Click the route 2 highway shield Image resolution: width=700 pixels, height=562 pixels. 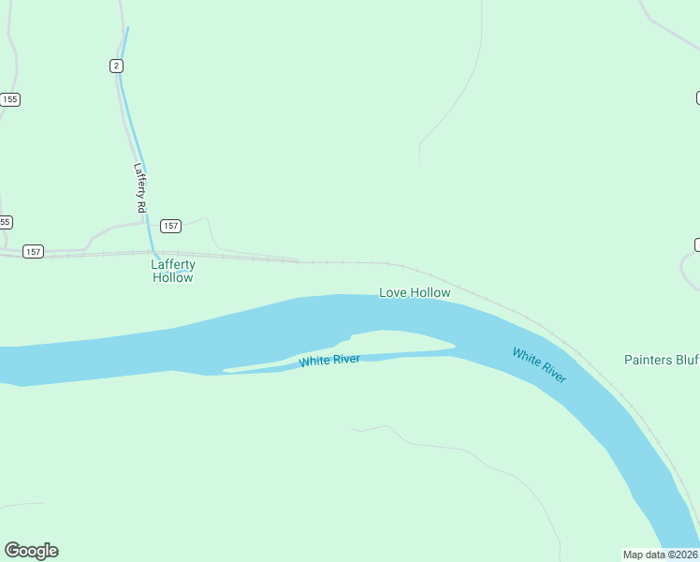click(x=116, y=65)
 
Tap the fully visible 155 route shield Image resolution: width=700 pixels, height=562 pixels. click(x=9, y=99)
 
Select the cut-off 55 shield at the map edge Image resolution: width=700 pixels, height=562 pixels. click(x=6, y=222)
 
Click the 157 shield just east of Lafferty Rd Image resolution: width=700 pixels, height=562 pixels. click(x=170, y=226)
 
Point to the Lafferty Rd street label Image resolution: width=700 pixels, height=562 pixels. click(x=141, y=187)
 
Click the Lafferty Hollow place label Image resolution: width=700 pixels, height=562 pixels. click(x=173, y=271)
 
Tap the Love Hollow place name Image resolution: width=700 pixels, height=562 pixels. click(x=415, y=292)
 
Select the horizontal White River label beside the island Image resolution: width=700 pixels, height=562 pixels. click(x=329, y=361)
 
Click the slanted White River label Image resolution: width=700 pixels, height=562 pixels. click(x=539, y=364)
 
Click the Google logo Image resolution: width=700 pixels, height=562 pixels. click(x=31, y=551)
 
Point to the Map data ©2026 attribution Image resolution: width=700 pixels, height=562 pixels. click(x=661, y=555)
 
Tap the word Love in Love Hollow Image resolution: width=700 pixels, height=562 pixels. click(x=392, y=292)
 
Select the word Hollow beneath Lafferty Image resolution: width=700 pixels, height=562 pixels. click(x=173, y=277)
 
